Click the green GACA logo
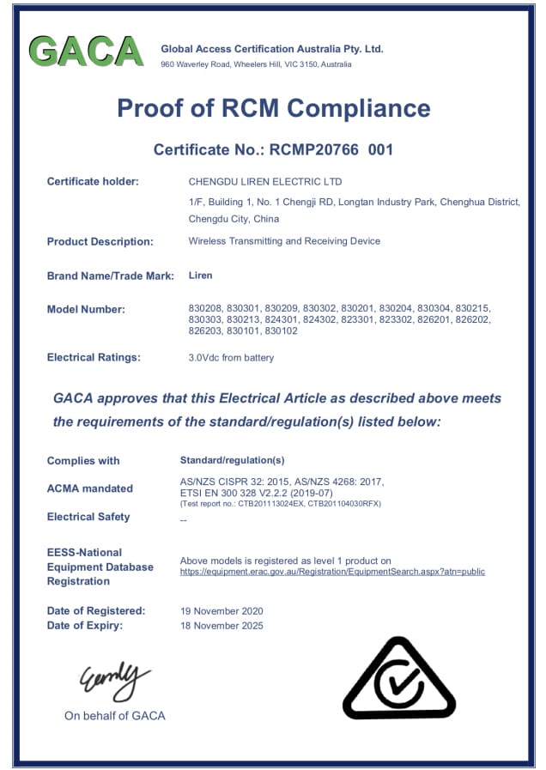point(86,52)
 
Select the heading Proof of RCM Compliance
point(273,108)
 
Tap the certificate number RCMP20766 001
point(331,149)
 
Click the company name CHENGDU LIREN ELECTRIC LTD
point(264,182)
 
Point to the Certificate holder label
point(93,181)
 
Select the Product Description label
point(100,241)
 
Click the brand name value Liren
point(200,276)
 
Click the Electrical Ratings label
point(94,357)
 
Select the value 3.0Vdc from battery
point(231,357)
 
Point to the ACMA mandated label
point(89,488)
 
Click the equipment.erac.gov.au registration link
point(332,572)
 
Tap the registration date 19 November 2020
point(221,611)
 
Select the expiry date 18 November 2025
point(221,626)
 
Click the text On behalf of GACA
point(114,716)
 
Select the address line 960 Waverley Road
point(256,64)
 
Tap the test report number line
point(280,504)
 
